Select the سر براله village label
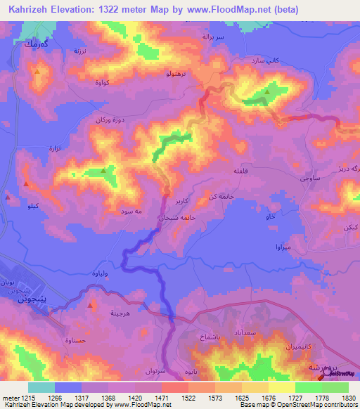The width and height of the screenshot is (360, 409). [x=213, y=35]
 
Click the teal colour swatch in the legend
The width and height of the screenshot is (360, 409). [x=41, y=387]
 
